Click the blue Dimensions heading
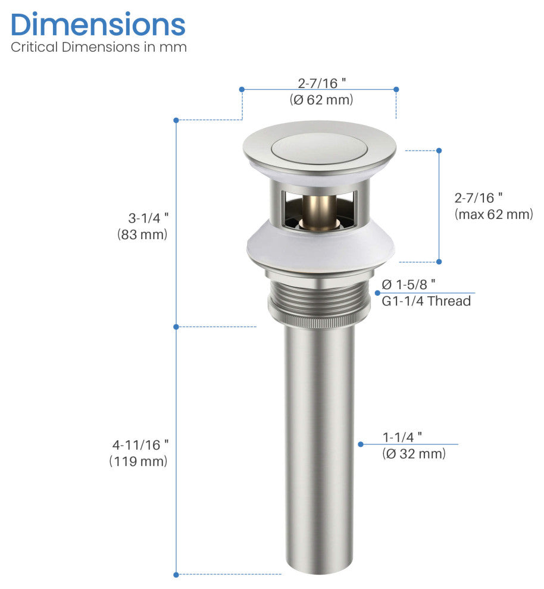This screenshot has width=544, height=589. [98, 25]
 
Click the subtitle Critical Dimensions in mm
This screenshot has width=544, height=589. [99, 48]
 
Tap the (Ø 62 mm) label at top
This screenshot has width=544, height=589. [321, 100]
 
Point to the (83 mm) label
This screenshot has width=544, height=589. [143, 234]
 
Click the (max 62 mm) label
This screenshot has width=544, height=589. [493, 214]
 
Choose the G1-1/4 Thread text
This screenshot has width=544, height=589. [426, 301]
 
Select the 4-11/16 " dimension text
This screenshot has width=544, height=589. [140, 444]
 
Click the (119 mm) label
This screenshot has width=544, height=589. [139, 461]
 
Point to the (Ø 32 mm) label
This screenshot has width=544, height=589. [414, 454]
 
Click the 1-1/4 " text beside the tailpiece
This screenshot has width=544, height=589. [403, 436]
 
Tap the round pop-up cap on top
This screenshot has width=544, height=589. [319, 147]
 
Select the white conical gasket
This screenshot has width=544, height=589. [320, 247]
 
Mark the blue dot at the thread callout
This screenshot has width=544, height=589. [377, 293]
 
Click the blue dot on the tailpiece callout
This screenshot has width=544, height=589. [360, 444]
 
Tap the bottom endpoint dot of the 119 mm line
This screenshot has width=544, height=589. [176, 574]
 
